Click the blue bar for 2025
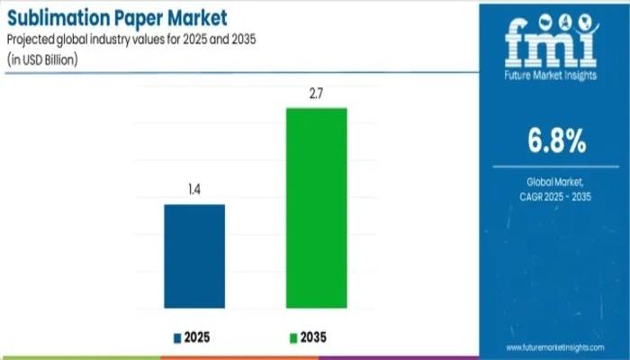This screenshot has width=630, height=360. [194, 256]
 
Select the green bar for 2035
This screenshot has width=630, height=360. [317, 208]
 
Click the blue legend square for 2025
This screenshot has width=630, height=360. [176, 338]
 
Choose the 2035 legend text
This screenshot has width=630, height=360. [314, 338]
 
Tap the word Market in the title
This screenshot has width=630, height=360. [195, 17]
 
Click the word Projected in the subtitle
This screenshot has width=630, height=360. [35, 39]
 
